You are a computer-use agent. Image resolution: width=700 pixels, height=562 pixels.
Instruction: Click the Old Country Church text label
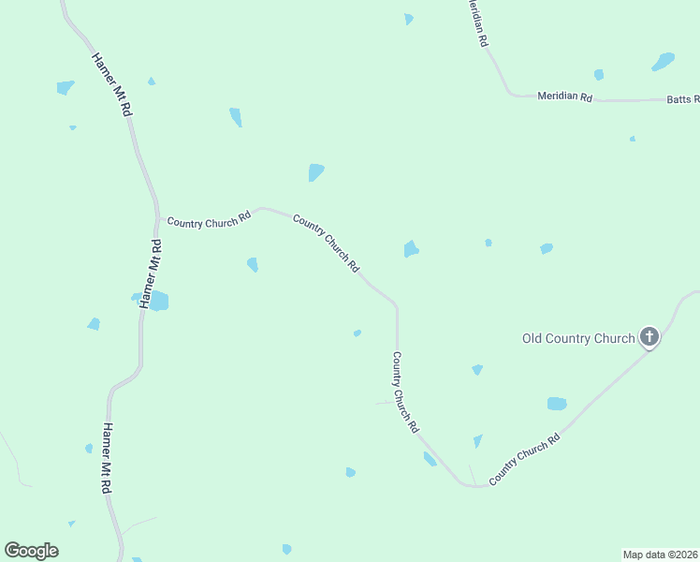(577, 338)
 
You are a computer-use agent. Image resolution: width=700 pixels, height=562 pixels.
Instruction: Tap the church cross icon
(649, 337)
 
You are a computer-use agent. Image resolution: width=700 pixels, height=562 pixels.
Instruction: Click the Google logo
(31, 551)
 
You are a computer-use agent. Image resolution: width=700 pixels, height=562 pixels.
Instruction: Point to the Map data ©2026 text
(661, 555)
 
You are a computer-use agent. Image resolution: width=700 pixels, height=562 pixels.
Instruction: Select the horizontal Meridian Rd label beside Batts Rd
(565, 96)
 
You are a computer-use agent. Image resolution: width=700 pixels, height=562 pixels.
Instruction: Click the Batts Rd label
(682, 98)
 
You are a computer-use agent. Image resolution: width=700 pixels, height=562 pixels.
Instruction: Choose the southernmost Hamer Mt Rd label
(109, 459)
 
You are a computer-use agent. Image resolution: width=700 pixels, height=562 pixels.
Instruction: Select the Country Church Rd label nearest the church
(524, 458)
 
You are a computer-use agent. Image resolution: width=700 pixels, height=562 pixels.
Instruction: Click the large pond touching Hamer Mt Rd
(158, 301)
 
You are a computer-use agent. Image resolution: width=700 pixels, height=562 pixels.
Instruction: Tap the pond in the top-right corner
(664, 62)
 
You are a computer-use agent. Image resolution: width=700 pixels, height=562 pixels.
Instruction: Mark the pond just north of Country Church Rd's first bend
(316, 172)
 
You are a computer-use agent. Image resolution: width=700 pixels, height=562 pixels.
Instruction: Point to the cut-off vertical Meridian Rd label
(479, 23)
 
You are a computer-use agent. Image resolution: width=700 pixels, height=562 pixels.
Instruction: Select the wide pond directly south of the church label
(557, 404)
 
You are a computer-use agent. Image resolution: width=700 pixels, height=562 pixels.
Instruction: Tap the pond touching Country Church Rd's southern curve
(430, 459)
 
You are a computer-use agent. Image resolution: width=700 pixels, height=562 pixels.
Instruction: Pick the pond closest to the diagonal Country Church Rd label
(410, 248)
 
